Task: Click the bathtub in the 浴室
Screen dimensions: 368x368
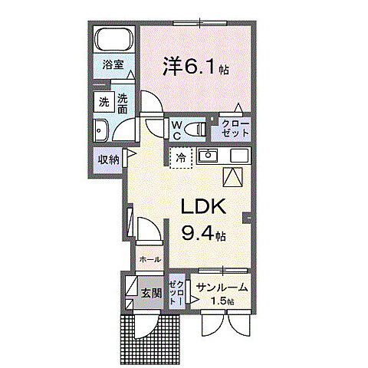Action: pos(115,40)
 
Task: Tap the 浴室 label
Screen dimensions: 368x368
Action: pos(113,66)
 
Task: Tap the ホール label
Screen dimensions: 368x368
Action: pos(149,260)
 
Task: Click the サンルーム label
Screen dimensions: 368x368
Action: pos(222,287)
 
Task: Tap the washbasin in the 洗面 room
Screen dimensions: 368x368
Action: pos(100,129)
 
